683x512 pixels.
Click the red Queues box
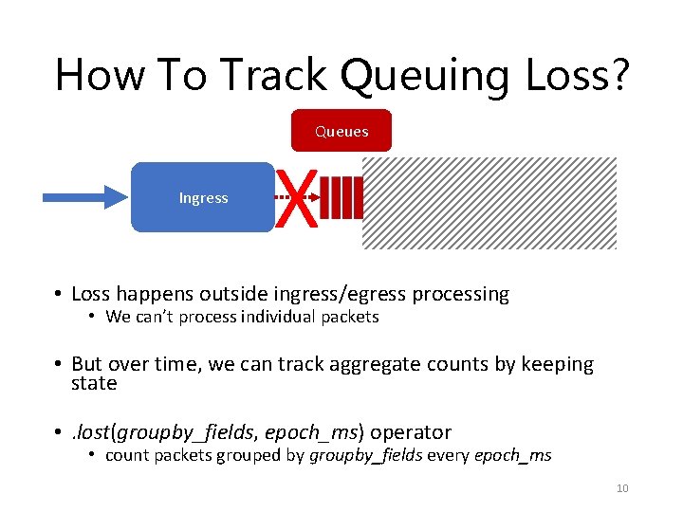341,131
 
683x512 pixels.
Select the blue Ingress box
202,197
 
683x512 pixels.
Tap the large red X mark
296,198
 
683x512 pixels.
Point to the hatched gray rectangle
489,203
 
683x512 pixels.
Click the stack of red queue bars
346,198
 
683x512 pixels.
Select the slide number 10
622,488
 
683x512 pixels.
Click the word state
94,384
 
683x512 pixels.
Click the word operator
411,432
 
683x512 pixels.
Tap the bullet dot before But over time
59,365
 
